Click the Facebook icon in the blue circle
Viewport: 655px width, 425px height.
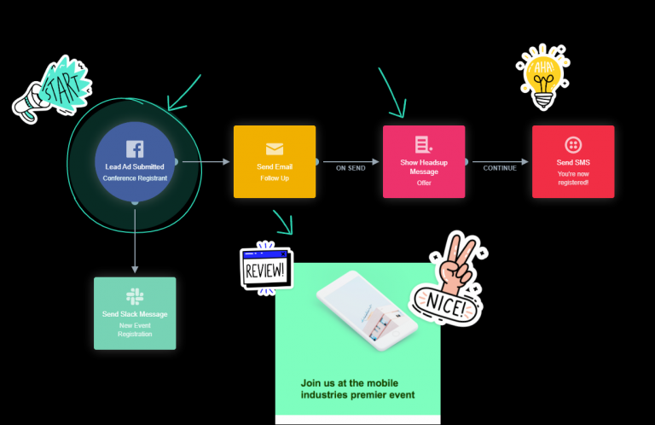[135, 148]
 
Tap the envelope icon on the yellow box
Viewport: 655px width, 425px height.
[275, 149]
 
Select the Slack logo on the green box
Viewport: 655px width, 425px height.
[135, 296]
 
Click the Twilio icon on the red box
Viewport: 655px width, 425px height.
[573, 144]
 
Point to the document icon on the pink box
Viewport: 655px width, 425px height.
[424, 144]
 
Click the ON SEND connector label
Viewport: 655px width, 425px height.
[350, 168]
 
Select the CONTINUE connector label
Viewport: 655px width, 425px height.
[500, 168]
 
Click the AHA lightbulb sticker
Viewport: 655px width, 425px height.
[541, 76]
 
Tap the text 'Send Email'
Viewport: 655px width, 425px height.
[275, 166]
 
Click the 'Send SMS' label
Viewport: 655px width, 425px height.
[573, 162]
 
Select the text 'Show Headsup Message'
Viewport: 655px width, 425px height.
[424, 166]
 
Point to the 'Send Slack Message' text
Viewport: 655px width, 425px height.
[135, 314]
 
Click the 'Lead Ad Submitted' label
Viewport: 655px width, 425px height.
[135, 166]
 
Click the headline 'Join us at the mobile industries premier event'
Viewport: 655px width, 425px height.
[357, 389]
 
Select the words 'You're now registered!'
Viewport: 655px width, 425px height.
[573, 178]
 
